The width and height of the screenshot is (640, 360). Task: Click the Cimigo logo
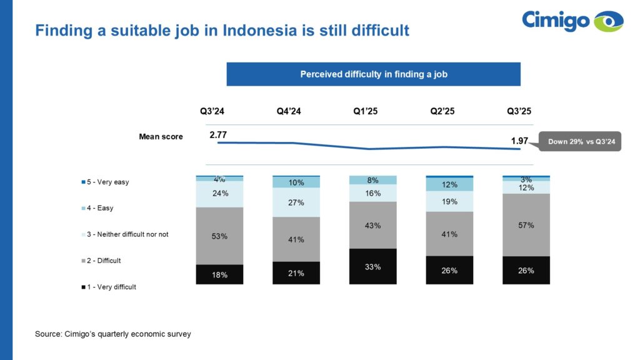point(572,21)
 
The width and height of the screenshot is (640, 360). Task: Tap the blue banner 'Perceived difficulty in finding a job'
point(373,74)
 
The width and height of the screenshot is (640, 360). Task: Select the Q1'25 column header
point(366,111)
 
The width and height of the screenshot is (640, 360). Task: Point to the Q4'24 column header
point(289,111)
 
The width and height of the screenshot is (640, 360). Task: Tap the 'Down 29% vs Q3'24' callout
point(582,142)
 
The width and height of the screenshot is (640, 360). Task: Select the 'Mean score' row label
point(161,136)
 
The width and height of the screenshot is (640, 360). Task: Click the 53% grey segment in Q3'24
point(219,236)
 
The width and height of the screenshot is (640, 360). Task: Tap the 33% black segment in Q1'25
point(373,266)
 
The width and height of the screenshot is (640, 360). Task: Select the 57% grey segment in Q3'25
point(526,225)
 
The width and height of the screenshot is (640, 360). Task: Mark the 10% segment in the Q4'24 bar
point(296,182)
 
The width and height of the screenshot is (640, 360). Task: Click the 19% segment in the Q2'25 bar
point(449,201)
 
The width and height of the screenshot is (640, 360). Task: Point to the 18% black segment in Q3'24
point(219,274)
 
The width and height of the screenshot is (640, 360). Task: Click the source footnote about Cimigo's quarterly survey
point(113,334)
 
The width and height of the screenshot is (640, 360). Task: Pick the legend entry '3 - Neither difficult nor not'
point(128,234)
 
